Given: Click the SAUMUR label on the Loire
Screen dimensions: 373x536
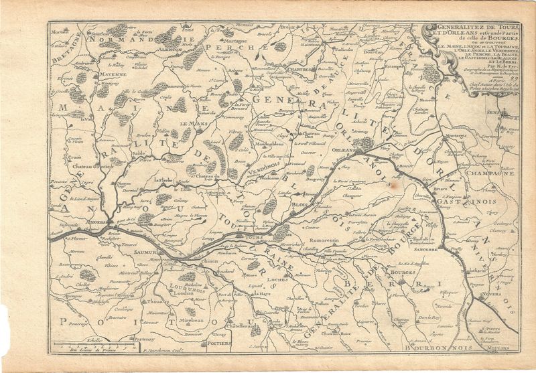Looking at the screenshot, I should click(143, 252).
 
